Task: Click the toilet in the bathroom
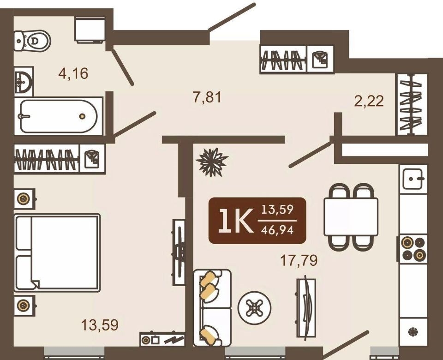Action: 32,41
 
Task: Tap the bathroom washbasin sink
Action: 24,82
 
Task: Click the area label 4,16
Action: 73,73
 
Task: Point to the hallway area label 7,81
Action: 208,97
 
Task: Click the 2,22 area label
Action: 369,101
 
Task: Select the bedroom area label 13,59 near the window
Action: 100,325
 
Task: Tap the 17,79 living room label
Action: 299,260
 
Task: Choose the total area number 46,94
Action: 277,230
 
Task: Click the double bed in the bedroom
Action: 57,252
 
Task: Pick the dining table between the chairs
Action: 351,217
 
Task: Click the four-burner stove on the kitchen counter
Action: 413,249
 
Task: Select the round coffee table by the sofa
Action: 255,307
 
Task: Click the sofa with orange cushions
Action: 212,307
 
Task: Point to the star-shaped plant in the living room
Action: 212,162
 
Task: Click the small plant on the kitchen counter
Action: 413,331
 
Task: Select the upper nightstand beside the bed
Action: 24,199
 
